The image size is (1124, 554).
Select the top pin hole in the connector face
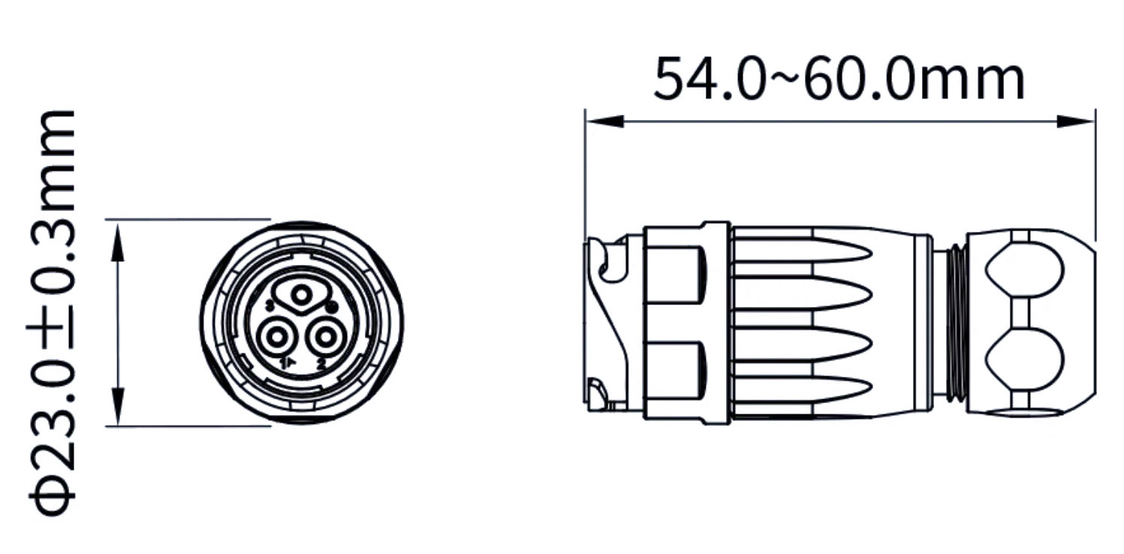click(x=302, y=296)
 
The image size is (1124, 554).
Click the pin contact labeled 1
click(x=275, y=339)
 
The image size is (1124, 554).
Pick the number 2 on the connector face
click(x=321, y=365)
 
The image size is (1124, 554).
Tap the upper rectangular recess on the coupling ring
click(x=675, y=273)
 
